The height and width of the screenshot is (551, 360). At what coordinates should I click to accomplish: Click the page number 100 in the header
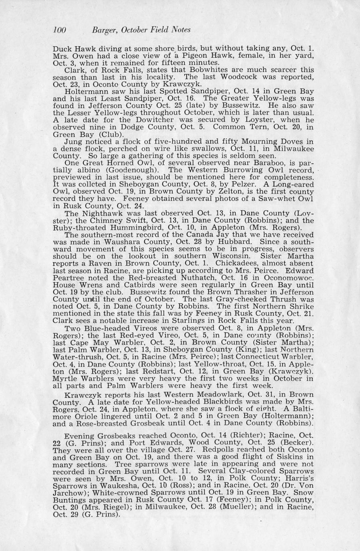tap(60, 30)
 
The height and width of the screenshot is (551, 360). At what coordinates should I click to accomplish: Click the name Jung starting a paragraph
tap(73, 141)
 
